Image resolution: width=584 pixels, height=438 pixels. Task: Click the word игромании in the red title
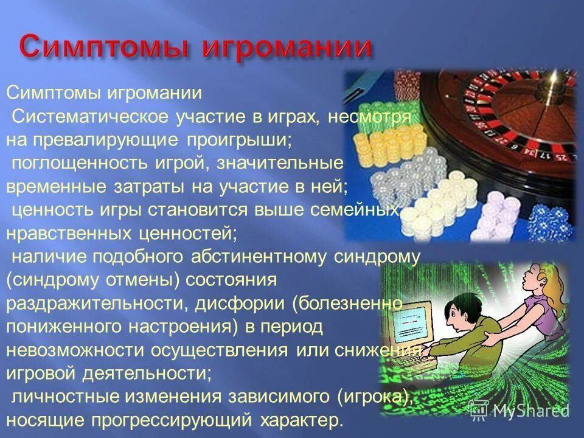pyautogui.click(x=286, y=47)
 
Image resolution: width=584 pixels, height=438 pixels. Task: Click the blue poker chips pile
pyautogui.click(x=551, y=221)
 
